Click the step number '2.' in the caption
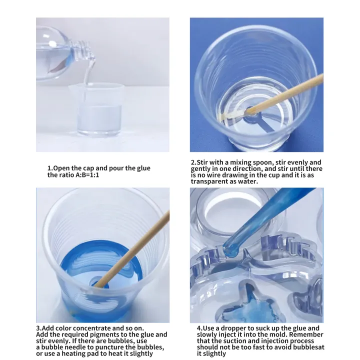click(193, 162)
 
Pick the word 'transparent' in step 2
click(209, 182)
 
